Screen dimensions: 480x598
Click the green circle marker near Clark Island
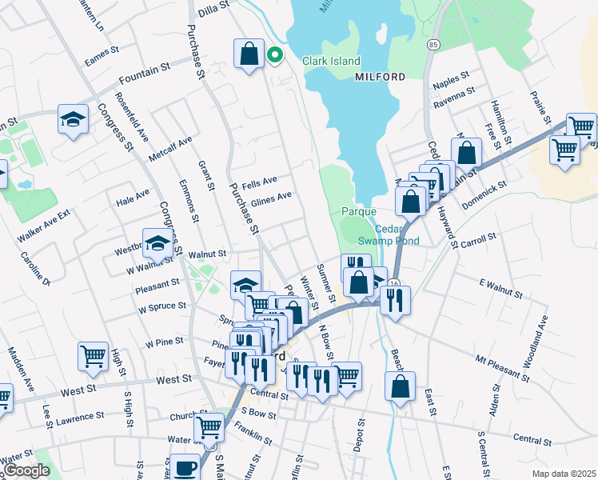click(275, 55)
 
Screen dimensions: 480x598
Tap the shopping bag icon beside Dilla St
click(249, 54)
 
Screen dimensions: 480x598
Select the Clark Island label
click(331, 61)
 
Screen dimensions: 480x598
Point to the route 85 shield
click(433, 42)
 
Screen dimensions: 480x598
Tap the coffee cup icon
click(185, 467)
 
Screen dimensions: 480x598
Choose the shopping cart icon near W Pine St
click(93, 355)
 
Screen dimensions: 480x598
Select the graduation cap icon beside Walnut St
click(157, 242)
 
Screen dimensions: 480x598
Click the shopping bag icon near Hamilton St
click(466, 152)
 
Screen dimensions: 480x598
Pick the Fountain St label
click(145, 78)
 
